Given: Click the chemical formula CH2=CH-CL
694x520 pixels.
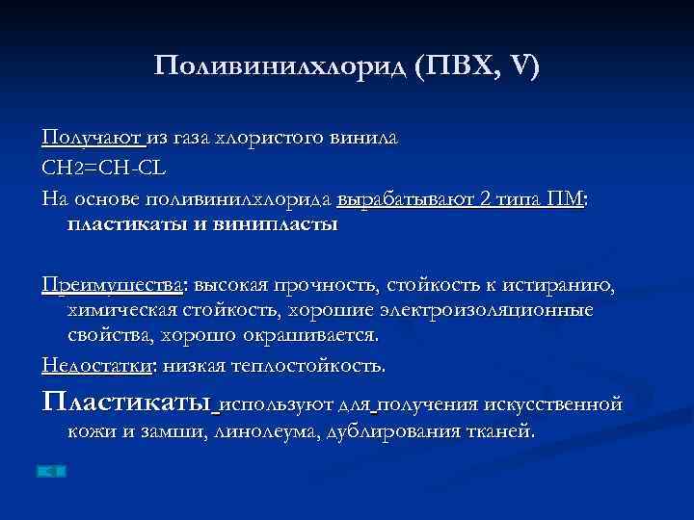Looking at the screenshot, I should coord(104,169).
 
